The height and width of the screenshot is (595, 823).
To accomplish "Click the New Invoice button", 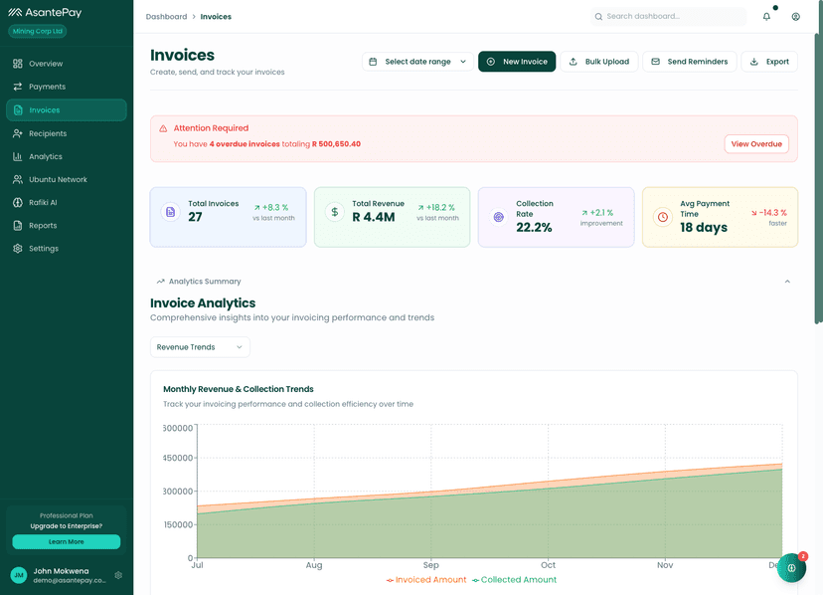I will coord(516,62).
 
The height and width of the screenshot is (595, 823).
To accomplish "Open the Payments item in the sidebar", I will coord(47,87).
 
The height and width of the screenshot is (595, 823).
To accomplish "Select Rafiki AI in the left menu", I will coord(43,202).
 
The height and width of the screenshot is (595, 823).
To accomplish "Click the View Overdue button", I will coord(755,144).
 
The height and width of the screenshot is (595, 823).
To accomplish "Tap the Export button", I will coord(768,62).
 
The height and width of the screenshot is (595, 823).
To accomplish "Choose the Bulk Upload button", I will coord(598,62).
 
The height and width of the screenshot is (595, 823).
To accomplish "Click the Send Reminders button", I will coord(689,62).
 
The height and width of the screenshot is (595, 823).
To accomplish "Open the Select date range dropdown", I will coord(416,62).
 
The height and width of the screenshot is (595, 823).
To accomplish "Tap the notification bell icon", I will coord(766,17).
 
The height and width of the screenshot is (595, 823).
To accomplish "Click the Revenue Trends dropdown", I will coord(200,347).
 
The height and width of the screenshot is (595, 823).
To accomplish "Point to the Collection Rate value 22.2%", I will coord(534,228).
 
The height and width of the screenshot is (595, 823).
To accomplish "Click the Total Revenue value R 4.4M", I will coord(374,217).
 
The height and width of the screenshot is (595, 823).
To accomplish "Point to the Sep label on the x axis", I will coord(430,565).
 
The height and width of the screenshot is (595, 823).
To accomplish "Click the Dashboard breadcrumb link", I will coord(166,17).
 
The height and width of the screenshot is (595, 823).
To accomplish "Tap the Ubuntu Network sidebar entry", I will coord(58,179).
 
